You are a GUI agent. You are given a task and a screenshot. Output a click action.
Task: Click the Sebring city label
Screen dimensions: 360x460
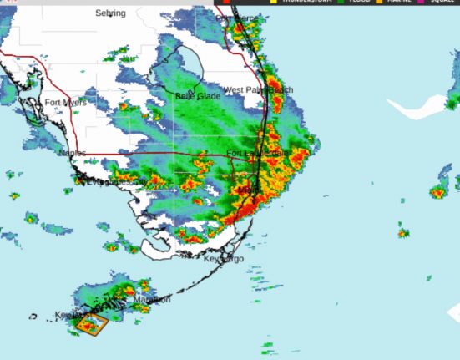click(x=110, y=13)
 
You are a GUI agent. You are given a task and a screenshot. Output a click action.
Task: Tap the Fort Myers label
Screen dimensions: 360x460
click(x=65, y=103)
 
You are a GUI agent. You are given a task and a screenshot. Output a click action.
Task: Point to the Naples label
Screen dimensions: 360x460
click(x=72, y=153)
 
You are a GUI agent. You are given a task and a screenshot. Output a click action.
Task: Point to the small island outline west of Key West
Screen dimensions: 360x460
click(x=33, y=317)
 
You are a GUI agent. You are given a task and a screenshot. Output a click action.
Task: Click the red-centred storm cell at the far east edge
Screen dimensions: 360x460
click(x=438, y=192)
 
